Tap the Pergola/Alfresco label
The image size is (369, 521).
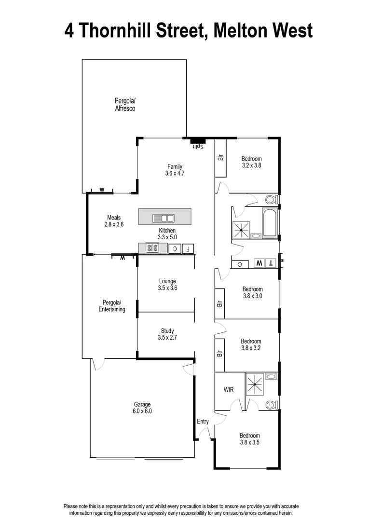(x=125, y=105)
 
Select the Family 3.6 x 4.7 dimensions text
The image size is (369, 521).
(x=175, y=170)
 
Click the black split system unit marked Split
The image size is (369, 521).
(x=197, y=141)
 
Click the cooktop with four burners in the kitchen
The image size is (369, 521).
(x=153, y=248)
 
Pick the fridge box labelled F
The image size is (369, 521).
(x=189, y=249)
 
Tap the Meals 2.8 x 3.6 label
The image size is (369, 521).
(x=114, y=221)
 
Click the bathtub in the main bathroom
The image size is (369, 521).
(x=269, y=223)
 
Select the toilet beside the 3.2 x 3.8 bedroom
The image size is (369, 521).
(x=270, y=199)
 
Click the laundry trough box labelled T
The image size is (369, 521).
(x=271, y=263)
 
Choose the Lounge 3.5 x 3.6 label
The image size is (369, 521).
(x=167, y=285)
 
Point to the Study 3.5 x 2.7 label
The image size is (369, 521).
(x=167, y=334)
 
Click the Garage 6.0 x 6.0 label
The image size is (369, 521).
(x=142, y=408)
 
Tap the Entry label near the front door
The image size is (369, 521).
(x=203, y=422)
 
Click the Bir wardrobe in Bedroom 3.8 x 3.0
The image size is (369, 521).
(x=219, y=303)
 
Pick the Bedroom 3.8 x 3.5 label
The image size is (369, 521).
(x=250, y=439)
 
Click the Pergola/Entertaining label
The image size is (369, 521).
(x=112, y=306)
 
